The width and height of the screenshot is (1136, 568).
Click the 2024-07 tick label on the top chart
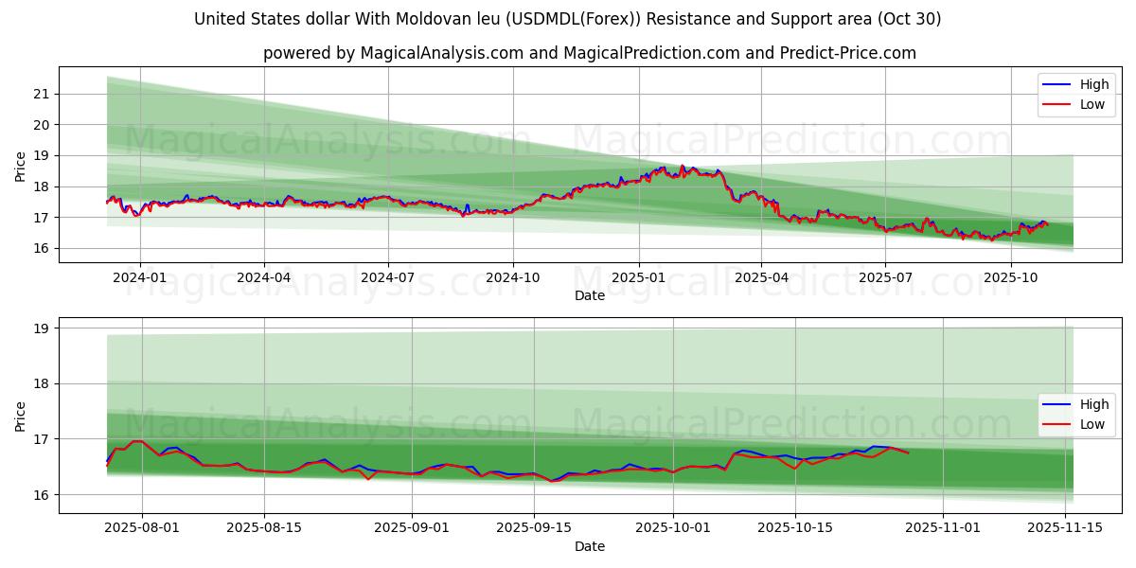pos(388,278)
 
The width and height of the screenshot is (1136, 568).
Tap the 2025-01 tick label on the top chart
pos(638,278)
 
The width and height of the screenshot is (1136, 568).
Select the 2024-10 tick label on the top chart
pos(513,278)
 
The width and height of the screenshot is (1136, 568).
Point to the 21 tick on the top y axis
pos(40,94)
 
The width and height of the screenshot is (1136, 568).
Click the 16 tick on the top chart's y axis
pos(40,248)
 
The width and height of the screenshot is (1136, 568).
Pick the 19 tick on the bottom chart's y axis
pos(40,328)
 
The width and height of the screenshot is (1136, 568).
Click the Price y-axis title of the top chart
pos(21,167)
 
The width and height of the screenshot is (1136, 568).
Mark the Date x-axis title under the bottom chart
pos(590,546)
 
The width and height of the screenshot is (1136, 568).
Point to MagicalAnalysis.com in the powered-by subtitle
pos(442,53)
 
